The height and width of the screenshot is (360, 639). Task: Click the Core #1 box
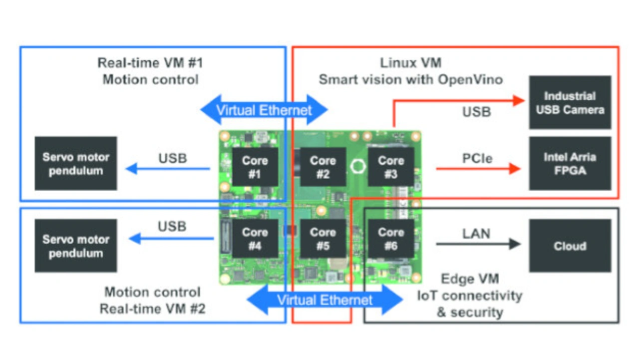255,167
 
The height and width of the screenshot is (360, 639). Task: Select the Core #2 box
322,167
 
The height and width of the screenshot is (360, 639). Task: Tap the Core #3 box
390,167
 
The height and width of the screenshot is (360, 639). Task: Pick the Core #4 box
255,239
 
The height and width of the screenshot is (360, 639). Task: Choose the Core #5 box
322,239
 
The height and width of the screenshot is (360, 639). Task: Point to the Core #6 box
390,239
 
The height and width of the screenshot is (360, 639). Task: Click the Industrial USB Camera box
570,102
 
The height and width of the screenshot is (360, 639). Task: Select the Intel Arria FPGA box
570,164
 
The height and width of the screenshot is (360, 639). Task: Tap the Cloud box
570,246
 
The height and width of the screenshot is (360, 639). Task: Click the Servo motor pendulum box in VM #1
76,164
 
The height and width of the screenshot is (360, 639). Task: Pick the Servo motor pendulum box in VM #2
76,246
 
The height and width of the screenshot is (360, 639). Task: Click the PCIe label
477,158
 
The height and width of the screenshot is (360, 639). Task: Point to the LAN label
476,233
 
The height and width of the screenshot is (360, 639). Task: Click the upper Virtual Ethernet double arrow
264,110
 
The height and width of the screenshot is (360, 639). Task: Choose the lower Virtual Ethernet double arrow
325,300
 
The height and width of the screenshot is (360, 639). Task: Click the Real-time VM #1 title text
150,63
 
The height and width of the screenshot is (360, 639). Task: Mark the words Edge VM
470,279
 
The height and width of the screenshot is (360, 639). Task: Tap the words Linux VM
410,63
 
